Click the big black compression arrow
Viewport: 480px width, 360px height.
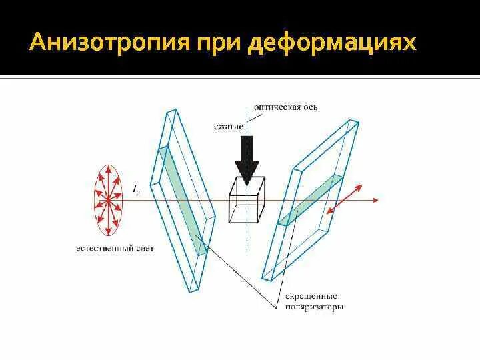247,159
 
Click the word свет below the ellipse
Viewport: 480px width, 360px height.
144,249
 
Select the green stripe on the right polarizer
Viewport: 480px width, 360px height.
310,201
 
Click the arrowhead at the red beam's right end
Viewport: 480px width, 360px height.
375,199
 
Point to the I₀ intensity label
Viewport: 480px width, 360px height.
136,190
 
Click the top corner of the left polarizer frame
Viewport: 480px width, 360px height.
171,110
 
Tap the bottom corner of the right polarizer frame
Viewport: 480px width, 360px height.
265,277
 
